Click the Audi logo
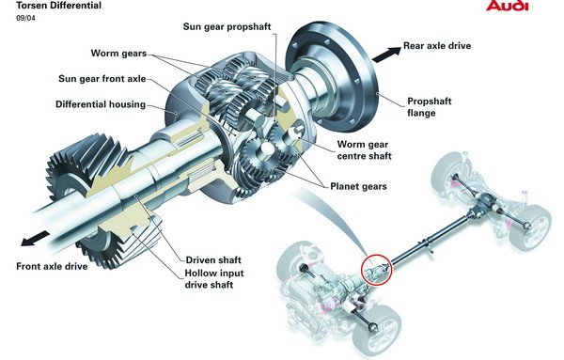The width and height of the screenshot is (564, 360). click(x=507, y=5)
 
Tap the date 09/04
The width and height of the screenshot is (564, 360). click(x=25, y=18)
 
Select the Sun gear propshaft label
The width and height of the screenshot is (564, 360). click(x=227, y=27)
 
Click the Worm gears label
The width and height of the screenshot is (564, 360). click(x=118, y=54)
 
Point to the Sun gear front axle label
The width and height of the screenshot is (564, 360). click(x=102, y=79)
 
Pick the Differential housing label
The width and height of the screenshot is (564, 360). click(x=101, y=104)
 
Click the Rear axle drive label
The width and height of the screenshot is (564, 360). click(x=437, y=46)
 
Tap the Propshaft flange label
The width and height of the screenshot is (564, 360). click(x=430, y=107)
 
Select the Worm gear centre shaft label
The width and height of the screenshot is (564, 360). click(x=364, y=150)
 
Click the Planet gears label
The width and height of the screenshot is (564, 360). click(x=359, y=186)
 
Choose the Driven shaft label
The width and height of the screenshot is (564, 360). click(x=213, y=260)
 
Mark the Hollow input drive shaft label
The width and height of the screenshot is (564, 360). click(x=214, y=279)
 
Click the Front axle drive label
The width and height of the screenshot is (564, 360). click(x=52, y=267)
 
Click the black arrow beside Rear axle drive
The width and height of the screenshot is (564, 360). click(x=386, y=55)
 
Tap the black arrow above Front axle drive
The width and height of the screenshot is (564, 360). click(x=35, y=239)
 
